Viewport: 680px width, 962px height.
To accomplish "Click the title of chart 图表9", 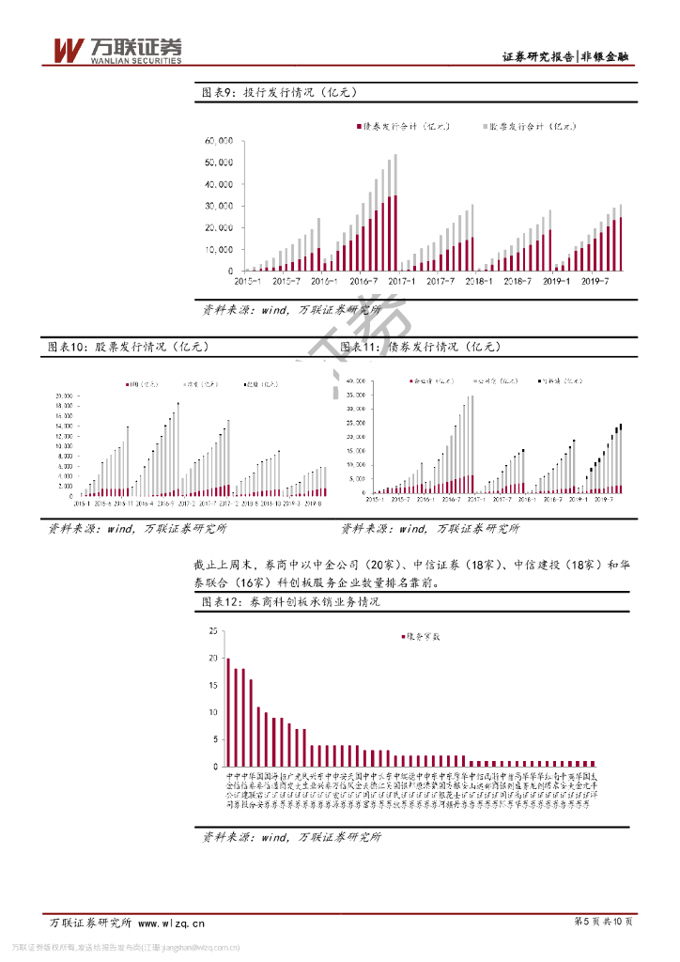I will [279, 92].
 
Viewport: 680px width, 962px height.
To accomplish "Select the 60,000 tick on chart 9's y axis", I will [219, 141].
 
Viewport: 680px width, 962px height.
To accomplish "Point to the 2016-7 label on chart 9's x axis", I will [363, 280].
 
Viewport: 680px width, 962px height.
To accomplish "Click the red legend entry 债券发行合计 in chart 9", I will [403, 125].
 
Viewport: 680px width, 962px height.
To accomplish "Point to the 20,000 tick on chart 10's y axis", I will [64, 395].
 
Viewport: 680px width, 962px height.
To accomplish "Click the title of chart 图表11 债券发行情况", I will [420, 347].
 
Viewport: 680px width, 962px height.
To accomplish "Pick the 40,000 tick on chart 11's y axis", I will [355, 381].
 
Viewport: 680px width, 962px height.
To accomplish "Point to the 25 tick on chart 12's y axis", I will [212, 629].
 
